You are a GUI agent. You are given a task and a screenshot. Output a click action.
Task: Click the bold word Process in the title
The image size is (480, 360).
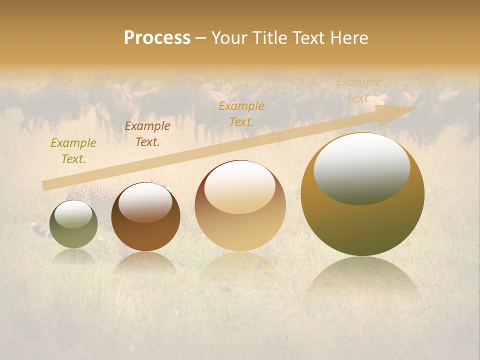[x=157, y=38]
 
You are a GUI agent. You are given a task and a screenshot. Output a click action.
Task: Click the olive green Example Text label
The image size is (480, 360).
[x=73, y=151]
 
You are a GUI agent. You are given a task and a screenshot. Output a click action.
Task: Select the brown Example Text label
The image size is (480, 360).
[x=147, y=134]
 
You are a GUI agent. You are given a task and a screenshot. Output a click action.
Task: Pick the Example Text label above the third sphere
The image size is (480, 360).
[x=241, y=113]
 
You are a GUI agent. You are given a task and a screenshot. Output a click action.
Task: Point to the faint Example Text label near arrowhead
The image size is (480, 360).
[x=358, y=90]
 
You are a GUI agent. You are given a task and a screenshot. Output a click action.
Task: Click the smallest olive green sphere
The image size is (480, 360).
[x=73, y=224]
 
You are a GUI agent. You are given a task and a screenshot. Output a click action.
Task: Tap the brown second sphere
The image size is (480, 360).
[x=145, y=216]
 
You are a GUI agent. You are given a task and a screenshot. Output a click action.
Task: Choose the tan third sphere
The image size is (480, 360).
[x=240, y=205]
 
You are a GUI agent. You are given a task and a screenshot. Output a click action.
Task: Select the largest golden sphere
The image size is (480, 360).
[x=362, y=194]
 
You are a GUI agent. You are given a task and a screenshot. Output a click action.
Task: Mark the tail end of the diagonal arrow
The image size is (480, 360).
[x=44, y=186]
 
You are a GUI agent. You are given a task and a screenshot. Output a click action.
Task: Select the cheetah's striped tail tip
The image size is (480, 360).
[x=35, y=228]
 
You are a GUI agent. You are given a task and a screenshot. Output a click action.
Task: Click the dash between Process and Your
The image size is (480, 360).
[x=200, y=38]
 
